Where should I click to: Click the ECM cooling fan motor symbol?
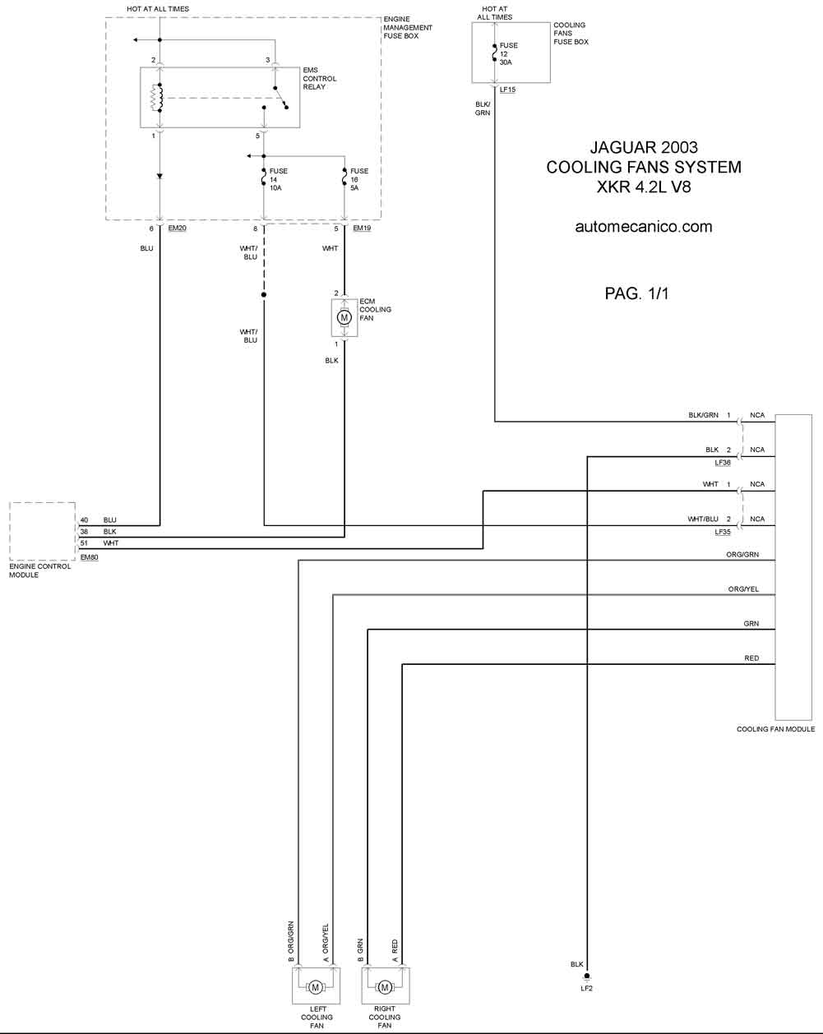click(344, 317)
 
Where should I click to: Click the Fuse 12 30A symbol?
click(495, 53)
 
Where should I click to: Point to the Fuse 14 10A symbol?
click(264, 178)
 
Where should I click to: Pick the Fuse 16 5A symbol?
click(344, 178)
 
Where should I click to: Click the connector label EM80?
click(90, 557)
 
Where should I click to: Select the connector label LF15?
click(507, 90)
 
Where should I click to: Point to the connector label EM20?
click(178, 228)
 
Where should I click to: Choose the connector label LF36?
click(723, 463)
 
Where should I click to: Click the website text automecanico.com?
click(644, 226)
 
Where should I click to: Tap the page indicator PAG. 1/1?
click(636, 293)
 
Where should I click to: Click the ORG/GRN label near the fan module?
click(742, 555)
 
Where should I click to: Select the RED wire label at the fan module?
click(751, 658)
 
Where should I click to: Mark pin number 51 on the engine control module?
click(84, 543)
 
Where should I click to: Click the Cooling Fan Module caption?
click(776, 729)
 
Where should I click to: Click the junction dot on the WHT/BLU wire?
click(263, 294)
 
